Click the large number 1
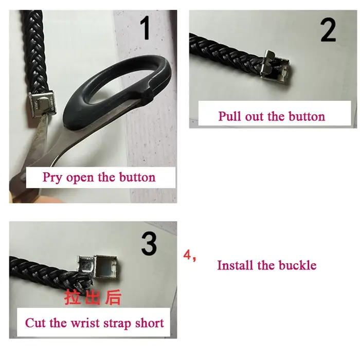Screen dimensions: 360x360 click(146, 28)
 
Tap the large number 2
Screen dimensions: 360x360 click(328, 30)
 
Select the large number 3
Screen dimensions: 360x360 click(149, 244)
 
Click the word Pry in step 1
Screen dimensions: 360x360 click(52, 178)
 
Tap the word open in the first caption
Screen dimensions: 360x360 click(80, 178)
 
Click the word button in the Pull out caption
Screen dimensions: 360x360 click(307, 116)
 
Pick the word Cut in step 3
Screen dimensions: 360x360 click(35, 323)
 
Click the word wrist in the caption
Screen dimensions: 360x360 click(85, 323)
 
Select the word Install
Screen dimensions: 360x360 click(235, 265)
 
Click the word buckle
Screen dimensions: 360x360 click(298, 265)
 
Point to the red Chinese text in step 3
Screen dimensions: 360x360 click(93, 297)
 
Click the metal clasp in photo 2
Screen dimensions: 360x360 click(275, 67)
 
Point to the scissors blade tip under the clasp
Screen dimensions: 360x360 click(45, 118)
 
